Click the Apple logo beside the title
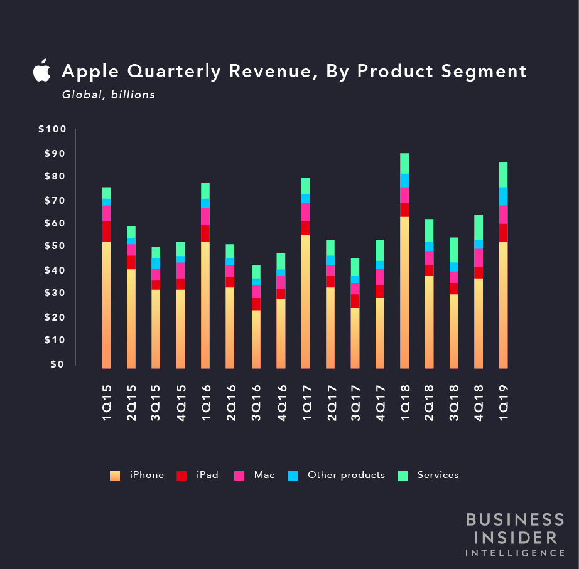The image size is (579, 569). point(41,71)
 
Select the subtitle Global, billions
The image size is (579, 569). point(108,95)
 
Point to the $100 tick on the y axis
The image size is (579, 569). point(52,129)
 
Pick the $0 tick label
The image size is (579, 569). point(57,364)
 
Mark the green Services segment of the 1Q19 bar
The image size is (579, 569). point(504,174)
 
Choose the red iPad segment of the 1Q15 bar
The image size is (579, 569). point(107,231)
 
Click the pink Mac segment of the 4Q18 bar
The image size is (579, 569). point(479,258)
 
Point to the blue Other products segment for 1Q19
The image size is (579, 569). point(504,196)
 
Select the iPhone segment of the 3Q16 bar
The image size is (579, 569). point(256,339)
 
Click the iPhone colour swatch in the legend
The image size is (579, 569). point(115,476)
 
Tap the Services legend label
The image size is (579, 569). point(438,475)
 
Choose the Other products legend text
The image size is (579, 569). point(346,475)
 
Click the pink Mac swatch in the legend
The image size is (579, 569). point(239,476)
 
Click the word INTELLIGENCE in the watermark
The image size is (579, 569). point(514,553)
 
